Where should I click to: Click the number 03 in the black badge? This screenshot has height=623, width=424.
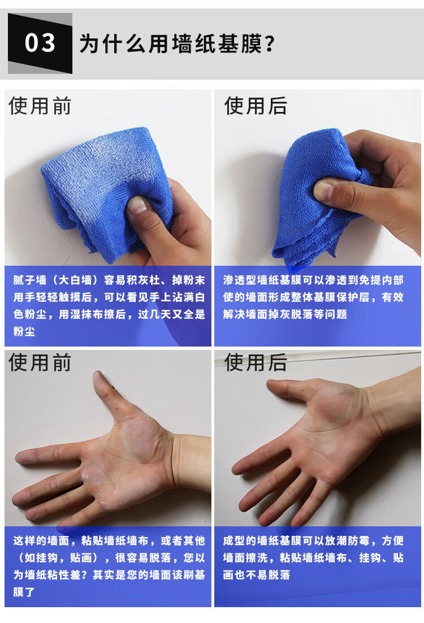(x=40, y=44)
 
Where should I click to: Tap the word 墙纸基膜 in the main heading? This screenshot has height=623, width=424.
(x=215, y=44)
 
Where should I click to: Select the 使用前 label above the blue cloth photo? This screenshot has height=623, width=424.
(x=40, y=106)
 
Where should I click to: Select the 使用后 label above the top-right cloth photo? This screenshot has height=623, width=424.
(x=256, y=106)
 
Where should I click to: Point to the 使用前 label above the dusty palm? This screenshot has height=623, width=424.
(x=40, y=362)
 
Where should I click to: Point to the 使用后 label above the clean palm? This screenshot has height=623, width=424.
(x=256, y=362)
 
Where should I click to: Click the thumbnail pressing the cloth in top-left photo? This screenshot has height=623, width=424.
(x=138, y=206)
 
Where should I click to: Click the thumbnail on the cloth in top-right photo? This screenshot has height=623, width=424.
(x=323, y=191)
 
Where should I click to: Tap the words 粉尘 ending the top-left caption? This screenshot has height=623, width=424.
(x=24, y=331)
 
